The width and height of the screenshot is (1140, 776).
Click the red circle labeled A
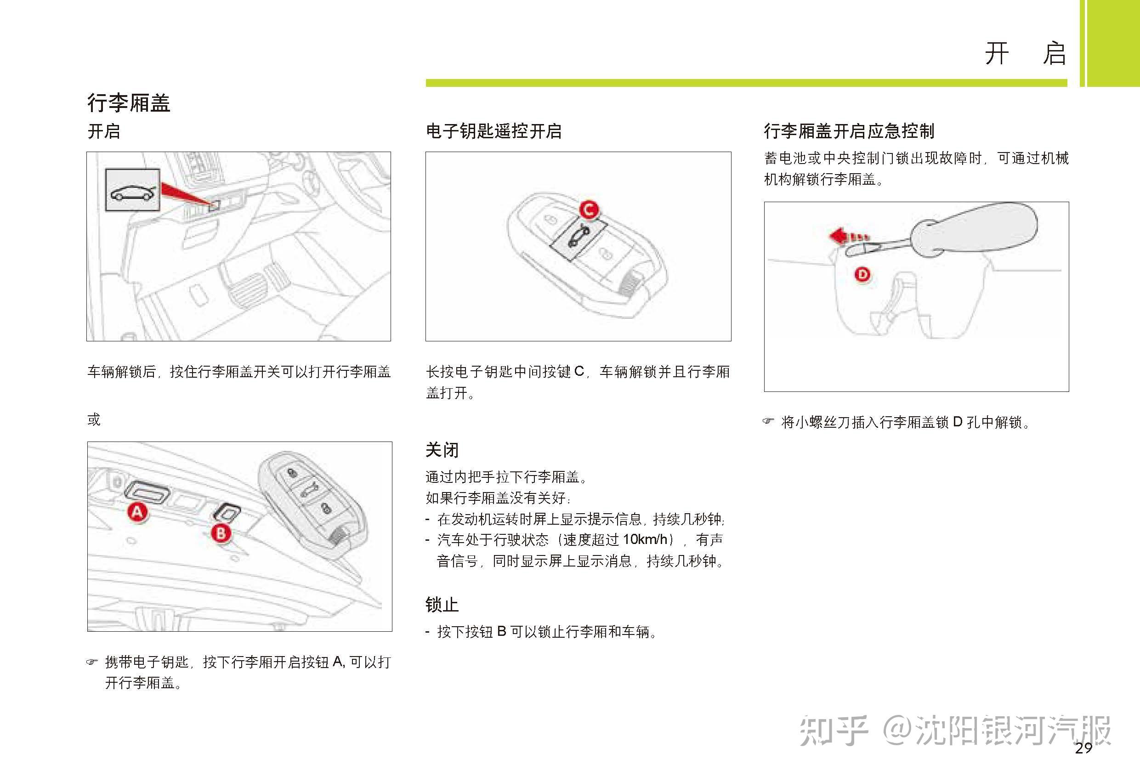click(x=137, y=512)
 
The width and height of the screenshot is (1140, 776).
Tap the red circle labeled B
click(x=221, y=533)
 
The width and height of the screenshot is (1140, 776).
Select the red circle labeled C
click(x=589, y=210)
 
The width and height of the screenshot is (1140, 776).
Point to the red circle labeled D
click(x=862, y=274)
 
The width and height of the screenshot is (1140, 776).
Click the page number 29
click(x=1083, y=748)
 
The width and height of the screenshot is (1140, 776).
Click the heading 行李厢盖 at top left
click(x=129, y=103)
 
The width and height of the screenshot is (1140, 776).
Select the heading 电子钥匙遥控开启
click(x=493, y=131)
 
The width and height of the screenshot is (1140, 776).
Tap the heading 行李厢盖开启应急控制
click(x=849, y=131)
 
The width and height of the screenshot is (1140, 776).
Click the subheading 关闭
click(x=442, y=450)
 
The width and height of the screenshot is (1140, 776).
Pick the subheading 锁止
click(x=442, y=605)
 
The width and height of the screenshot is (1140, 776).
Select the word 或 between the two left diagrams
click(x=94, y=420)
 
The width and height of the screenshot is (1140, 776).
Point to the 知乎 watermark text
click(x=834, y=731)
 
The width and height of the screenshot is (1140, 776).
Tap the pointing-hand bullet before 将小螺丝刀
click(x=769, y=421)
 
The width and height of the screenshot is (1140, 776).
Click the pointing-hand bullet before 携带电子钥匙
click(x=92, y=662)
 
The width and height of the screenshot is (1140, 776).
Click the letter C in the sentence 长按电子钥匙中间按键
click(x=579, y=371)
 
